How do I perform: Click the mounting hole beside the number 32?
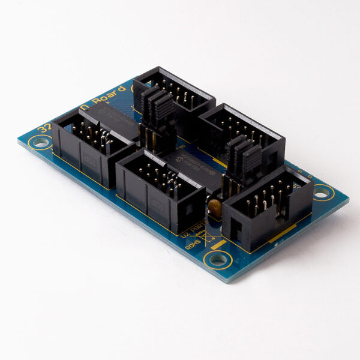40,143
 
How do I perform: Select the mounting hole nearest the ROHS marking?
217,260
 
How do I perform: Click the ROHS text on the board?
193,245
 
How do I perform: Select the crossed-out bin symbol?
209,239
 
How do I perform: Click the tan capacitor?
215,208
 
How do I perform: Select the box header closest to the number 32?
90,147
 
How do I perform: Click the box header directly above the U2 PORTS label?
159,189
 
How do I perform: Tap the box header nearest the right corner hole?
267,207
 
